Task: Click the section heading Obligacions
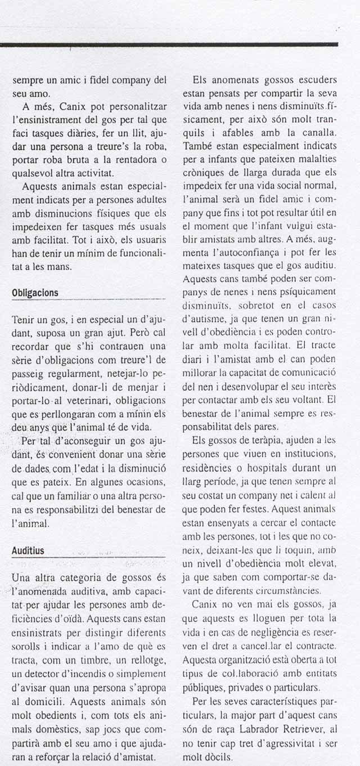tap(35, 293)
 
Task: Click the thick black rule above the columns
tap(169, 44)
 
